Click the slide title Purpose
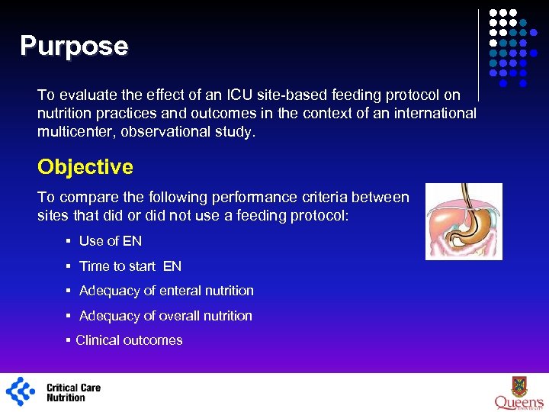pyautogui.click(x=74, y=47)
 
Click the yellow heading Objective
pyautogui.click(x=85, y=167)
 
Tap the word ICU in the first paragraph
pyautogui.click(x=246, y=95)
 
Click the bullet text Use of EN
pyautogui.click(x=111, y=241)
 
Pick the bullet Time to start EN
pyautogui.click(x=130, y=266)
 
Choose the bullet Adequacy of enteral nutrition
pyautogui.click(x=166, y=291)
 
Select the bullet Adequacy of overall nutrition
pyautogui.click(x=165, y=316)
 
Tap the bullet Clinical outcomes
pyautogui.click(x=129, y=340)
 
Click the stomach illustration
pyautogui.click(x=464, y=221)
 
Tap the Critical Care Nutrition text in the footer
pyautogui.click(x=73, y=392)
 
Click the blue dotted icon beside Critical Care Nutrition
pyautogui.click(x=21, y=391)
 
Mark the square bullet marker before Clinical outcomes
pyautogui.click(x=69, y=340)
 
